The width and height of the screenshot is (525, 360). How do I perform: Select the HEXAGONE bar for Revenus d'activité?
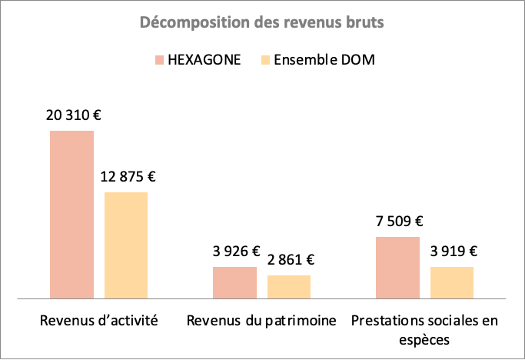(x=71, y=214)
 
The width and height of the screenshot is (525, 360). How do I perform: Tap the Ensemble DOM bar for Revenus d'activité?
(x=126, y=245)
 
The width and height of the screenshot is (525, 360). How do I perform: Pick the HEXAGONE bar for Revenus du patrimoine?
(x=234, y=282)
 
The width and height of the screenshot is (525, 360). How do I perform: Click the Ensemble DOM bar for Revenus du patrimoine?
(x=289, y=286)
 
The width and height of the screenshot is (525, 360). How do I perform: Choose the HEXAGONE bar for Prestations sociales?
(x=397, y=267)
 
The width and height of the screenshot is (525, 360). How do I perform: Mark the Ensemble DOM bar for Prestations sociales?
(x=452, y=282)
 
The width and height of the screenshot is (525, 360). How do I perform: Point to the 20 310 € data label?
(x=73, y=116)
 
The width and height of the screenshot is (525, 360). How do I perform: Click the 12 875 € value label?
(x=128, y=177)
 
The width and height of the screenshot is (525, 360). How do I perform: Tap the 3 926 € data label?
(x=236, y=252)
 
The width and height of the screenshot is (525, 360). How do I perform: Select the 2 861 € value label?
(x=290, y=260)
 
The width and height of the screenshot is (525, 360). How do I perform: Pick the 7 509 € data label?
(x=398, y=222)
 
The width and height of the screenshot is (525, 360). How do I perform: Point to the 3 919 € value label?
(x=453, y=252)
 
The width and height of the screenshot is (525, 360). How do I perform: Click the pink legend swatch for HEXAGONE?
(x=159, y=60)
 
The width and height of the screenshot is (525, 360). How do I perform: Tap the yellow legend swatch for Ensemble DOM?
(x=267, y=60)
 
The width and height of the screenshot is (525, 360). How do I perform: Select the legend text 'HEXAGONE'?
(x=204, y=60)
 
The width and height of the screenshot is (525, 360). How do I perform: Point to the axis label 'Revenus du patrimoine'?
(x=261, y=321)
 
